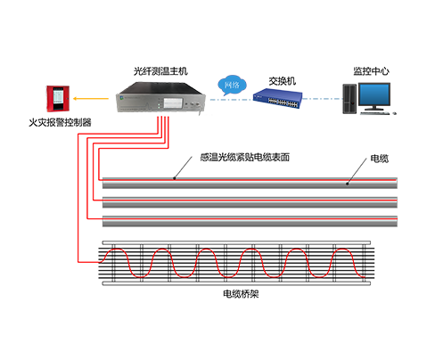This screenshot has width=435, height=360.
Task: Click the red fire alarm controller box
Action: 58,99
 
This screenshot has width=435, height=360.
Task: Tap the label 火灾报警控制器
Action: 60,122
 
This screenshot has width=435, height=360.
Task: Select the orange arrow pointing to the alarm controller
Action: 91,99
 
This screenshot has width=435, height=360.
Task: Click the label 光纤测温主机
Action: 160,71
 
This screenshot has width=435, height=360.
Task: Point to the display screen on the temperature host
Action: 173,102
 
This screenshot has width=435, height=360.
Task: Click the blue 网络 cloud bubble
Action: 232,86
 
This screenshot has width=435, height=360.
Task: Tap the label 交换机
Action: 283,81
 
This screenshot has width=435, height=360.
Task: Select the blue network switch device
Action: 277,99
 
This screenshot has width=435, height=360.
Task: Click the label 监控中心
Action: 371,71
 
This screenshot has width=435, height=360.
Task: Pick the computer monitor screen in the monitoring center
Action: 374,94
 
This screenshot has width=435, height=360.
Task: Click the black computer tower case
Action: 349,99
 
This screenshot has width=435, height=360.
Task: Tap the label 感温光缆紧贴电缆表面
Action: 245,157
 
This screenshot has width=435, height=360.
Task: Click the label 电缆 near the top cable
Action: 380,159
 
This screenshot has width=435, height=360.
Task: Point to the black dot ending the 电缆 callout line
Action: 347,184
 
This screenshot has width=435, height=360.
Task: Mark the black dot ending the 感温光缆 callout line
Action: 175,178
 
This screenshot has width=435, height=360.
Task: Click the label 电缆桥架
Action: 241,294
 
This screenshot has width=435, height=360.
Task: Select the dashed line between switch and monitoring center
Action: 323,99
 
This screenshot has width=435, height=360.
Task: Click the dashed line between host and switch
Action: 232,100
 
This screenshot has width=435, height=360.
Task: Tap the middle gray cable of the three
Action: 250,202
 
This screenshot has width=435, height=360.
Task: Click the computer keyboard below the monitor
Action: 374,113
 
